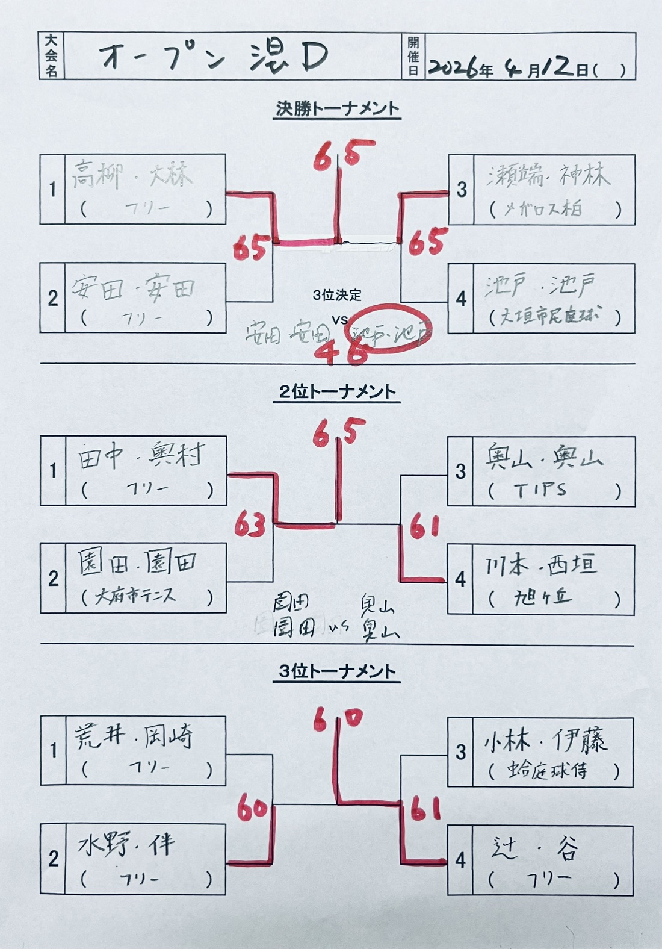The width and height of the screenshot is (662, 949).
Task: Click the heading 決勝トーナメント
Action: (337, 109)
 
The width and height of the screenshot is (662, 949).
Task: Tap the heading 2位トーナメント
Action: (337, 392)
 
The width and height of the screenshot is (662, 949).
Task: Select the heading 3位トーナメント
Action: (337, 671)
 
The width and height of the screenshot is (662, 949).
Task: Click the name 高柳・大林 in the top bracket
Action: (132, 175)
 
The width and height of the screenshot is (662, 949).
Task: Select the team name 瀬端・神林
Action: (548, 175)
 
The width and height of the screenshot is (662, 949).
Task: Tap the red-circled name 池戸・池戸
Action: (391, 330)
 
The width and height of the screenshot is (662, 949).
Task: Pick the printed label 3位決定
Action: (337, 295)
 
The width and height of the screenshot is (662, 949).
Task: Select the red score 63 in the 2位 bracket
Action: (250, 524)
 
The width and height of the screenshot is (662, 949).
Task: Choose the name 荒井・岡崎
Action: (134, 736)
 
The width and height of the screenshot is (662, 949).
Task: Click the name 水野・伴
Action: (126, 845)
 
